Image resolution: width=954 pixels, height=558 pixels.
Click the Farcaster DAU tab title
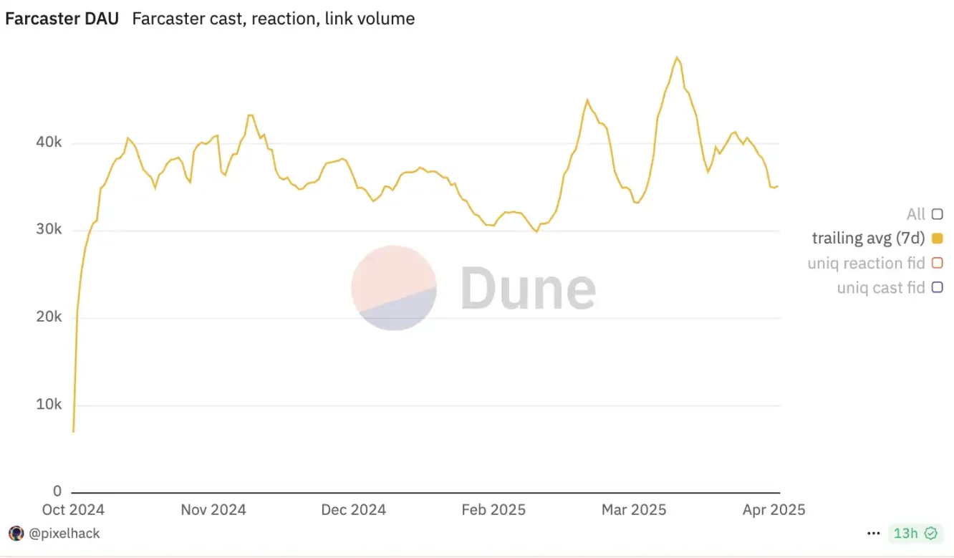click(x=62, y=19)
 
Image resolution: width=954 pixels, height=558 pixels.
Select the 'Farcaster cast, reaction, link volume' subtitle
click(x=273, y=19)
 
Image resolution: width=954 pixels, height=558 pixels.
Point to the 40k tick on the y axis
click(x=49, y=143)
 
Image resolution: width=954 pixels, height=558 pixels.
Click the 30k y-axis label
click(x=49, y=230)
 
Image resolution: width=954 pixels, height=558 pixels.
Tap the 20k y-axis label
click(x=49, y=317)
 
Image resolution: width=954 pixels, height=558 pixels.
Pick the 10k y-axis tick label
click(x=49, y=405)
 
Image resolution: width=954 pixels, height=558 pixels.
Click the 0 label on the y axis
click(x=57, y=492)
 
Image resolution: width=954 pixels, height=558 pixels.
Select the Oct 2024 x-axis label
click(x=73, y=510)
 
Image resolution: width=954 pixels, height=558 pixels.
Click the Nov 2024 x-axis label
click(x=213, y=510)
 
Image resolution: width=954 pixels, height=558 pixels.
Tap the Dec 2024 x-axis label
click(x=354, y=510)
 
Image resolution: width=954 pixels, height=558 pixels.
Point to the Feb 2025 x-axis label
click(x=493, y=510)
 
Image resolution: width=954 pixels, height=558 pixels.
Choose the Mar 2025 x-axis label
click(x=634, y=510)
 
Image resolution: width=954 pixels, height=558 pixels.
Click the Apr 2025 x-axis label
click(x=774, y=510)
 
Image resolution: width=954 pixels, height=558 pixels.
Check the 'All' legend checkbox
click(x=937, y=214)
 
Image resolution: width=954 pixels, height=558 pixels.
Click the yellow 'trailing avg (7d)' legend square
click(x=937, y=239)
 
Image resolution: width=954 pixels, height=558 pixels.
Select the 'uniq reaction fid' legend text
click(x=866, y=264)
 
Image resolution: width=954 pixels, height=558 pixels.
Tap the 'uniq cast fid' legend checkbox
click(x=937, y=288)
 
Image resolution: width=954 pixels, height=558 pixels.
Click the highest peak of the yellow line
click(x=676, y=57)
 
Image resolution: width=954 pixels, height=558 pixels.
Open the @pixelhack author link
click(x=64, y=534)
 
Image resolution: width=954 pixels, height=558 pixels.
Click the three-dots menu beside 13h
click(x=873, y=534)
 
